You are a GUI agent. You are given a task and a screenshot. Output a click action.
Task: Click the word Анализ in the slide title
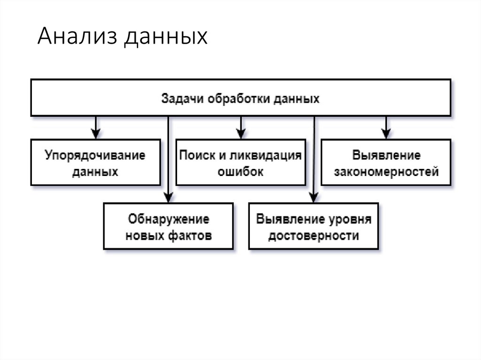pos(77,37)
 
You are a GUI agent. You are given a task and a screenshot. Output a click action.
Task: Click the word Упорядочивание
pos(95,155)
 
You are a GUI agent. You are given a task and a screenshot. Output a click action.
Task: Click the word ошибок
pos(240,171)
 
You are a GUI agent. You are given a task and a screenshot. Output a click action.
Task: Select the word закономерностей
pos(387,171)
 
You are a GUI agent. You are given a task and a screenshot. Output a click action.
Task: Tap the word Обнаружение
pos(168,219)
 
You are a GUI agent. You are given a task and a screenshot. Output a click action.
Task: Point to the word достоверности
pos(313,235)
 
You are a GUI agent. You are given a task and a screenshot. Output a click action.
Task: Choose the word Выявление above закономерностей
pos(387,155)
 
